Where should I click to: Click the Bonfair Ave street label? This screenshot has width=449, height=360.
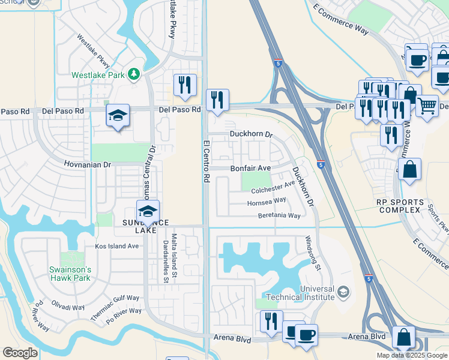point(250,169)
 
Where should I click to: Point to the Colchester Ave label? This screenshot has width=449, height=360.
point(273,188)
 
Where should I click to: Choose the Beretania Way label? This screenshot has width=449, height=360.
point(279,215)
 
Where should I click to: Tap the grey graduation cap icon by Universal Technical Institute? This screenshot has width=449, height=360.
point(343,292)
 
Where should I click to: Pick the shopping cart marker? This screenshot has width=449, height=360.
point(427,106)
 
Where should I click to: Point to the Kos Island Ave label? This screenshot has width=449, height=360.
point(117,247)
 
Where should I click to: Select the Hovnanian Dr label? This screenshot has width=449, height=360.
point(88,164)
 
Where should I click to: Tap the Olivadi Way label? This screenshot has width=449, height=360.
point(68,306)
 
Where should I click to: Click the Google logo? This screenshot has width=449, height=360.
point(20,353)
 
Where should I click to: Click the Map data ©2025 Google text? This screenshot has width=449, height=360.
point(412,355)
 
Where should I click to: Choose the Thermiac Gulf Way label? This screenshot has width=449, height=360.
point(115,307)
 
